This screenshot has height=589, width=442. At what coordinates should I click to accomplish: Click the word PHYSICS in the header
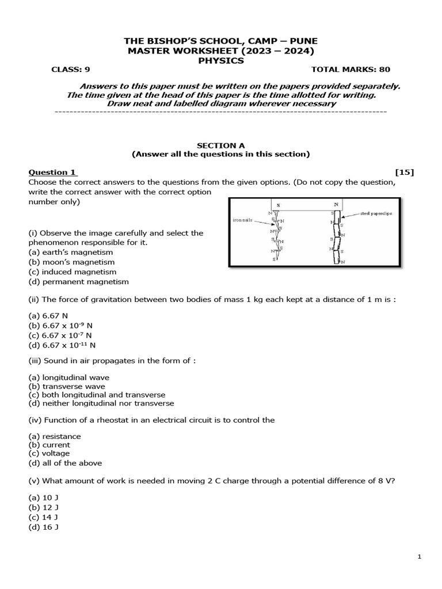tap(221, 60)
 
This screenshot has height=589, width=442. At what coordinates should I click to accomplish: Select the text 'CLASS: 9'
tap(71, 70)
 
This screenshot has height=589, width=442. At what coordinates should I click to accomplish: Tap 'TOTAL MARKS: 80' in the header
tap(350, 70)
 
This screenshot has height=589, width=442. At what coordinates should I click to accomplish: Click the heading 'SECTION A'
tap(221, 146)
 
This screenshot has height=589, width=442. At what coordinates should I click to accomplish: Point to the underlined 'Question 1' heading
tap(52, 172)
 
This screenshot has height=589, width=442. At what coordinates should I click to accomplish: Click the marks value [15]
tap(404, 172)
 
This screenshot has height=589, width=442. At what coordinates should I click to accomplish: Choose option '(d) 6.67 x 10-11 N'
tap(62, 345)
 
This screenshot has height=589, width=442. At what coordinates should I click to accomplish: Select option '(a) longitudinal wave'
tap(69, 377)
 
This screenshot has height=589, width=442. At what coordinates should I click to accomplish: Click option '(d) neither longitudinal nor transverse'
tap(101, 403)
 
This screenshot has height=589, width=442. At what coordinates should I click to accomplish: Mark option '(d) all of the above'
tap(66, 463)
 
